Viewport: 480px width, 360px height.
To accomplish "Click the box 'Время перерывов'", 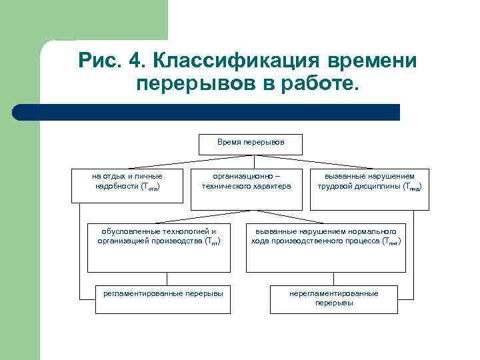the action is pyautogui.click(x=250, y=144).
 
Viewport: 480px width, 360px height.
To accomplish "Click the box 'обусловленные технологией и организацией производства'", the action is pyautogui.click(x=158, y=247).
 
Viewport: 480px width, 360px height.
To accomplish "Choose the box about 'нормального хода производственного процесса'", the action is pyautogui.click(x=325, y=247).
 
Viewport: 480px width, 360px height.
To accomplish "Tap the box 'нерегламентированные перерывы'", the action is pyautogui.click(x=333, y=299).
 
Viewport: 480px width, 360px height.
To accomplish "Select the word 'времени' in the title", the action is pyautogui.click(x=372, y=61).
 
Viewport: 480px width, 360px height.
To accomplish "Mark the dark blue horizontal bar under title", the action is pyautogui.click(x=207, y=112).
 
